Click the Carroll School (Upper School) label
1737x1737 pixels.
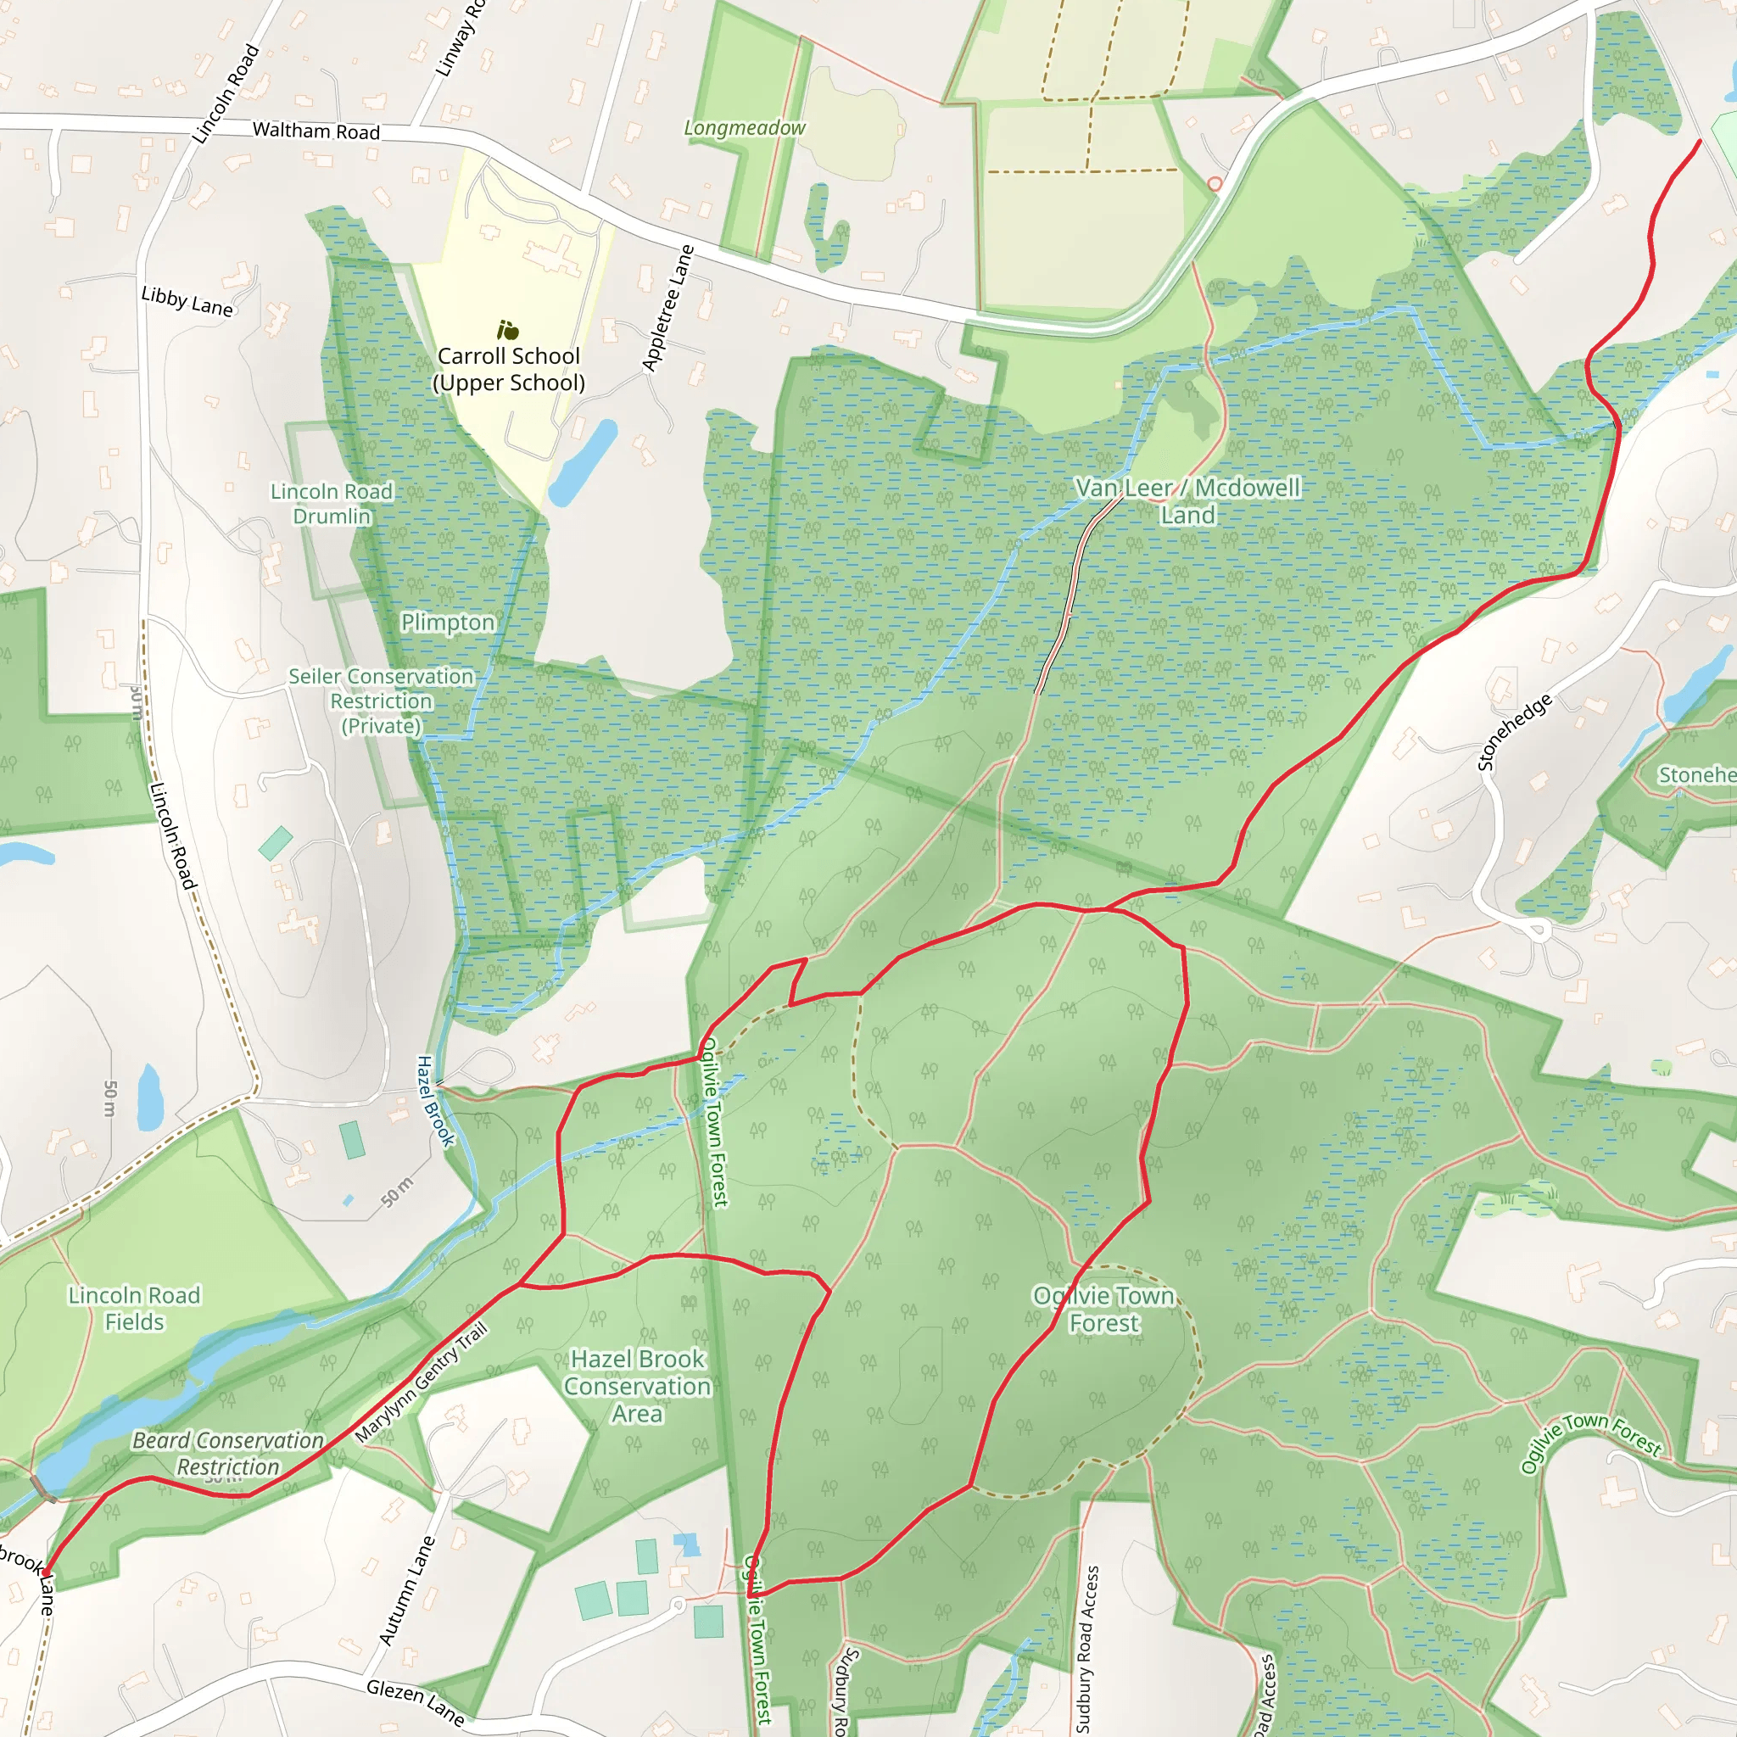click(509, 370)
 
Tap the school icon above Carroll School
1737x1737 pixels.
click(508, 330)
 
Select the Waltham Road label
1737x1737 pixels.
click(316, 131)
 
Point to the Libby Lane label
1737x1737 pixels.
click(187, 301)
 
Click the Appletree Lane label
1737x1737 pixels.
click(668, 309)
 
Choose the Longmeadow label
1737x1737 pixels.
click(745, 129)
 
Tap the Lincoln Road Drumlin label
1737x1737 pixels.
click(332, 504)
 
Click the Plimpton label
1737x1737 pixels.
click(448, 623)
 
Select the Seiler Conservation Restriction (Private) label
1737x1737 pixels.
click(381, 701)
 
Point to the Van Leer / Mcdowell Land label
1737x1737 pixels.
click(1187, 500)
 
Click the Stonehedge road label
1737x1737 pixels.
click(1515, 732)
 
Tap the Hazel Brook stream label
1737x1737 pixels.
click(435, 1100)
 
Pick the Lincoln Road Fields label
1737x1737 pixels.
click(135, 1308)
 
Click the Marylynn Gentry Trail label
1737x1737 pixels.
click(422, 1382)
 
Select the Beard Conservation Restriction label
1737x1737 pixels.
click(227, 1454)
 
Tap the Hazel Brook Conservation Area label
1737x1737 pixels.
click(638, 1386)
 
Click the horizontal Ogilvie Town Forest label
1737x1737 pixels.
click(1104, 1309)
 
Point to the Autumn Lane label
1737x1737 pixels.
click(407, 1590)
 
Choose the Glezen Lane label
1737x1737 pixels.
click(416, 1703)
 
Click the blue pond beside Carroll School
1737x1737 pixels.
click(583, 461)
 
